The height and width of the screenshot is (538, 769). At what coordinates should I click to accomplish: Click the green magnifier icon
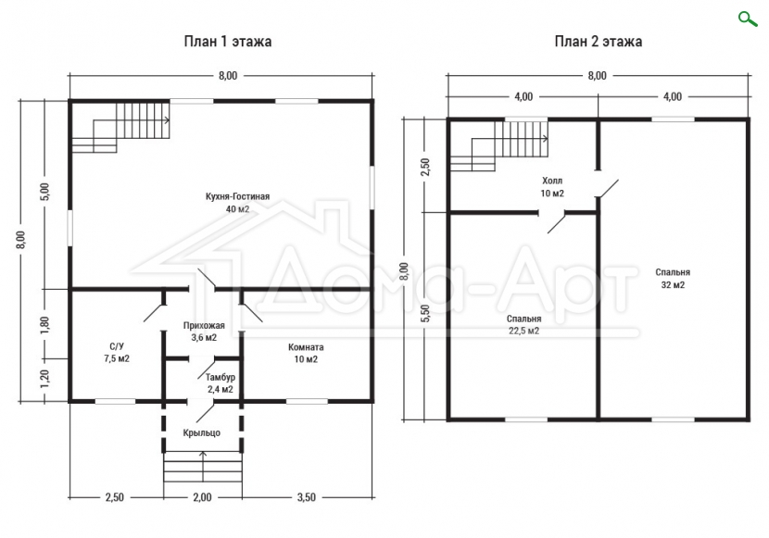748,19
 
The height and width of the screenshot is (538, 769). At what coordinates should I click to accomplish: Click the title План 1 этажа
228,41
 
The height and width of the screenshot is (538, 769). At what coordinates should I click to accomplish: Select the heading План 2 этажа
599,41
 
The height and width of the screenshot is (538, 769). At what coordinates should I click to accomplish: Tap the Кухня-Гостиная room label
237,203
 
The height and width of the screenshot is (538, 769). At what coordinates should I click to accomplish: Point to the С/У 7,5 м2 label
117,353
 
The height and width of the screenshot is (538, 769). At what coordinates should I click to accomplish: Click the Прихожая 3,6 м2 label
204,332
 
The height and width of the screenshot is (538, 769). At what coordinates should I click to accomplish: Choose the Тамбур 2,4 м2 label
221,383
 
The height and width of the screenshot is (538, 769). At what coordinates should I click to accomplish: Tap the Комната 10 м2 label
306,354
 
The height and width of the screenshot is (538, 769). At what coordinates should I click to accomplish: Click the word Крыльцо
202,433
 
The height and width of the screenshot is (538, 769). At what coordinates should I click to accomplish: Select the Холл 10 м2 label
552,187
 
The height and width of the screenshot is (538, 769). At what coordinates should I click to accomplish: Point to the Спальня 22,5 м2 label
523,325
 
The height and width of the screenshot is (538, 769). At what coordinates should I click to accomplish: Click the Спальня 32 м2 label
673,279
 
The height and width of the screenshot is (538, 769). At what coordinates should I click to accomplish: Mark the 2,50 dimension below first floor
115,497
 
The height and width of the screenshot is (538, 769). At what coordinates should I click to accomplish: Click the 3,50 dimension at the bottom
307,497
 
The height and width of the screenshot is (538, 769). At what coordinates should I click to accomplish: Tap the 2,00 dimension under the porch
202,497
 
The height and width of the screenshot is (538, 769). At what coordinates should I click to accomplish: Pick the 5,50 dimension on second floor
425,313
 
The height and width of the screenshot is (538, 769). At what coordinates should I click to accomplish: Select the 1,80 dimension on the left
44,325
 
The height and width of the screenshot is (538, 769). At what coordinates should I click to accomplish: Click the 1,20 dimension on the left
44,380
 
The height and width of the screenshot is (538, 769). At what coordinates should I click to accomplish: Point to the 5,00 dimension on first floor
44,192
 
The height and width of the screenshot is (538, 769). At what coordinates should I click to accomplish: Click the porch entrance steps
203,468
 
